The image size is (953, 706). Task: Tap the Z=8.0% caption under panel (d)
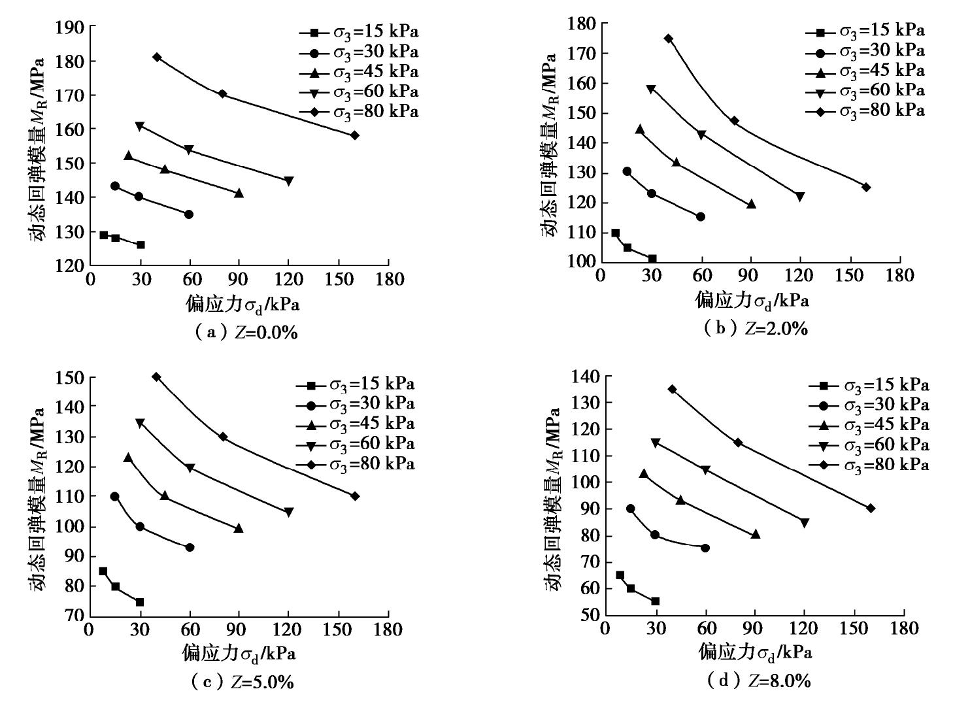(760, 681)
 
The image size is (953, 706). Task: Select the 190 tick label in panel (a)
(70, 27)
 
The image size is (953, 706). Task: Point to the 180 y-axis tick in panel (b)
(581, 24)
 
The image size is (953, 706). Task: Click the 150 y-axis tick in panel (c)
(69, 377)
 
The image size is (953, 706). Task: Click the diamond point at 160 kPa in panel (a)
(354, 135)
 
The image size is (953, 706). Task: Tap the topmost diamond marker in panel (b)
(668, 39)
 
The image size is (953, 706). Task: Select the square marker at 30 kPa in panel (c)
(139, 602)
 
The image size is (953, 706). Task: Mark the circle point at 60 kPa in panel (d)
(705, 548)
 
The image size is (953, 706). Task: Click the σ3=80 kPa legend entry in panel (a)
(359, 112)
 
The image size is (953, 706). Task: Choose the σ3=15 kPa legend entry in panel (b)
(865, 31)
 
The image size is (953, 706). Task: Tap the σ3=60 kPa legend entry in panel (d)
(869, 445)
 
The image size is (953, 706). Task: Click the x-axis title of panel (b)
(751, 300)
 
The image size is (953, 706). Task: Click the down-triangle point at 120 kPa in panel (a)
(288, 181)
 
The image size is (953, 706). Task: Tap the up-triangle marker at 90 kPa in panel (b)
(751, 204)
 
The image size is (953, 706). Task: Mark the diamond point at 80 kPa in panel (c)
(223, 437)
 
